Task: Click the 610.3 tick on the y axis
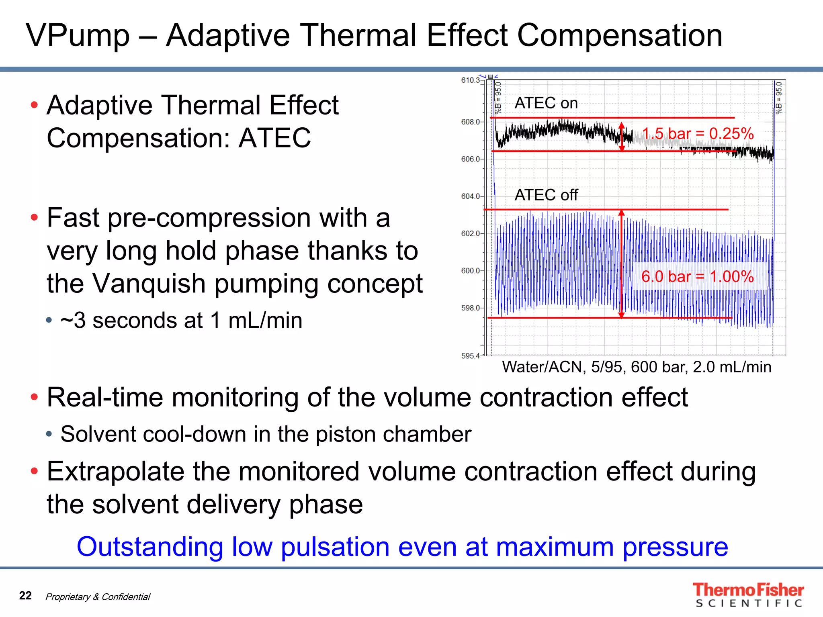(470, 80)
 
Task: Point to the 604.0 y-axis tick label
(470, 196)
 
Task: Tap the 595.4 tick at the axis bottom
(470, 356)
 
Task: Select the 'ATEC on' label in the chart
(546, 103)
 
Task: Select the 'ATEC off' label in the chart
(546, 195)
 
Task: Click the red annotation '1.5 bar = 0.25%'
(698, 134)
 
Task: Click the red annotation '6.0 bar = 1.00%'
(697, 276)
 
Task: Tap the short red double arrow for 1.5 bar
(622, 137)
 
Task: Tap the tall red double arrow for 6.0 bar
(622, 264)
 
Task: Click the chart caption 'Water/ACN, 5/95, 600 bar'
(637, 367)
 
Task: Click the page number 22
(25, 595)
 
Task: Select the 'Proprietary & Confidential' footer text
(98, 597)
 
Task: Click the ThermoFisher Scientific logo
(748, 595)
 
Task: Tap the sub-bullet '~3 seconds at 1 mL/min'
(181, 321)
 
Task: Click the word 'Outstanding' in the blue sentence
(149, 547)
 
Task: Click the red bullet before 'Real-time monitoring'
(35, 397)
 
